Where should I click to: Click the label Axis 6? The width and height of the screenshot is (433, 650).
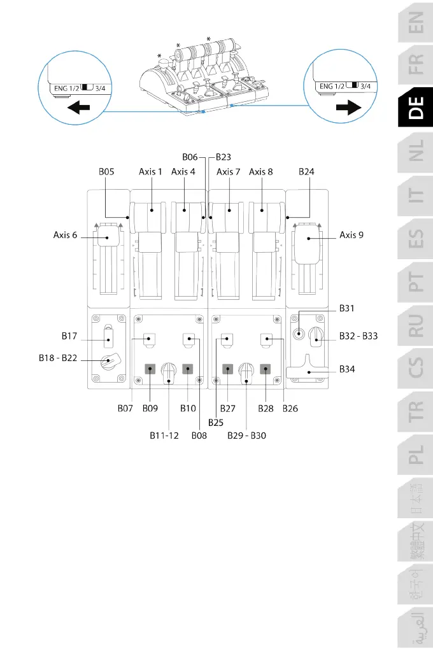tap(66, 235)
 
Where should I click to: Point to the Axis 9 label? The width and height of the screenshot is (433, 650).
tap(352, 235)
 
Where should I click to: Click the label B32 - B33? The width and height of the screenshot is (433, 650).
tap(358, 336)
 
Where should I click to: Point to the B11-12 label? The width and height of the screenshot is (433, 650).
tap(164, 436)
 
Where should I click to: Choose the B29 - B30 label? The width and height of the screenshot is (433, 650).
tap(247, 436)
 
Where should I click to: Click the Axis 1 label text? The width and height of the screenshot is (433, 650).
tap(151, 171)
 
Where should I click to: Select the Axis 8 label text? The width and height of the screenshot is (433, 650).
tap(261, 171)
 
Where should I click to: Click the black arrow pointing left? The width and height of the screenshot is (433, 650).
tap(78, 108)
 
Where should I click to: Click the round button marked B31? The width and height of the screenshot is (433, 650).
tap(300, 332)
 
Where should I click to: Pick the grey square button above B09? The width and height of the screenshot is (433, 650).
tap(150, 368)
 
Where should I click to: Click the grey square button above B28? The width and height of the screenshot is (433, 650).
tap(266, 368)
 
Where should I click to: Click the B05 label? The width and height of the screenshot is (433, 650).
tap(107, 171)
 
